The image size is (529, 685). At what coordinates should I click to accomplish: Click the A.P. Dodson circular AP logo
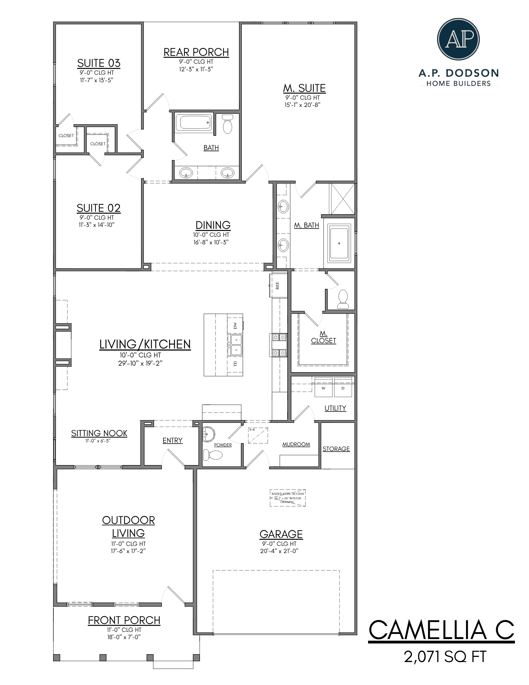(x=458, y=39)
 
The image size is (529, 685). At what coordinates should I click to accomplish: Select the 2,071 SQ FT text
(x=445, y=657)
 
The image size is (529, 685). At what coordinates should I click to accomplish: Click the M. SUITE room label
(x=304, y=88)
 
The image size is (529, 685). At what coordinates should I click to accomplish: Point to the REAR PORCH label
(x=196, y=52)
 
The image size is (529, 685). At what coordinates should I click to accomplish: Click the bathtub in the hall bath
(x=193, y=122)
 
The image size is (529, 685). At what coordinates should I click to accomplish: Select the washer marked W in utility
(x=323, y=388)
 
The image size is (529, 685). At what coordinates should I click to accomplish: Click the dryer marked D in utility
(x=343, y=388)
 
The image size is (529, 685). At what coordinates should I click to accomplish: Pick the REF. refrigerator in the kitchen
(x=278, y=285)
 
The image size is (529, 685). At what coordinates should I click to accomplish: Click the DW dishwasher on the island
(x=235, y=325)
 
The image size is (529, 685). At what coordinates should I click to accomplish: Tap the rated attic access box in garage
(x=288, y=498)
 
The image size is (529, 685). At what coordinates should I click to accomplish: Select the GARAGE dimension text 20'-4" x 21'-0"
(x=279, y=551)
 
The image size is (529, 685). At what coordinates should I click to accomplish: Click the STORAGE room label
(x=336, y=449)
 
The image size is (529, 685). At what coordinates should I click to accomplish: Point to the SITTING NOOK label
(x=99, y=433)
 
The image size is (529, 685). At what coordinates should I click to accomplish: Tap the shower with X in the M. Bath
(x=342, y=199)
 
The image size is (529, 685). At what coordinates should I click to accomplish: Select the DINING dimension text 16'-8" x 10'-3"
(x=211, y=242)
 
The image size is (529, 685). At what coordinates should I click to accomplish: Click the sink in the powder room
(x=209, y=434)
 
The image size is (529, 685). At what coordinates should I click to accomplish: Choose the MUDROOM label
(x=296, y=444)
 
